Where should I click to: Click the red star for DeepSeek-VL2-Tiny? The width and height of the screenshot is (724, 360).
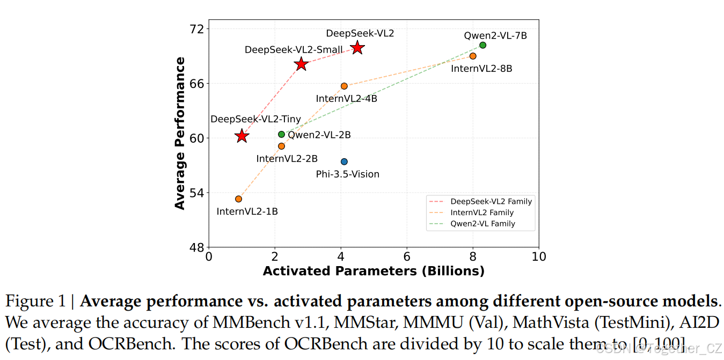(242, 136)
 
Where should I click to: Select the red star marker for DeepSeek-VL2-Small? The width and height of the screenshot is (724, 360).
(301, 64)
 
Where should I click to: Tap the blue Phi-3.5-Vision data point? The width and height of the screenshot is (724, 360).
(344, 161)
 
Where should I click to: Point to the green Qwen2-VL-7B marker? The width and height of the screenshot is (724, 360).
(482, 45)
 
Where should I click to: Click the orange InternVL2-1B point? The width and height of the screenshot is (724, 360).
(238, 199)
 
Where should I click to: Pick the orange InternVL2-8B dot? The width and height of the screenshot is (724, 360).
(473, 56)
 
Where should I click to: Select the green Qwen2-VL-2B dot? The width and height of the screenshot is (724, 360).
(281, 134)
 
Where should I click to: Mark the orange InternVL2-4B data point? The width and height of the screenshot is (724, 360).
(344, 86)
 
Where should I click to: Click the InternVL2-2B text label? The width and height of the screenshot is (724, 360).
(287, 159)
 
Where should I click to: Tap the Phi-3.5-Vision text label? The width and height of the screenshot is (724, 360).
(347, 174)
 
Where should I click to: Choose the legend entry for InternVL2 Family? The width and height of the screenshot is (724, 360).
(482, 212)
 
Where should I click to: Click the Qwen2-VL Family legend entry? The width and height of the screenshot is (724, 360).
(482, 224)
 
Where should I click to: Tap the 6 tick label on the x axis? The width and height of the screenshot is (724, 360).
(407, 256)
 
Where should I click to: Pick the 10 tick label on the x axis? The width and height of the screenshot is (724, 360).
(539, 256)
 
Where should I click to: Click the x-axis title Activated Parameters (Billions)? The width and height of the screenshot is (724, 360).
(374, 271)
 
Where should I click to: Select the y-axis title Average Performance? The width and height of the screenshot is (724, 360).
(180, 133)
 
